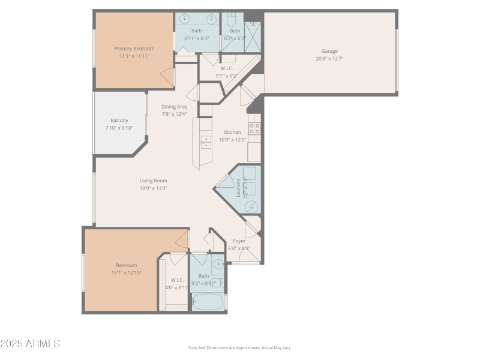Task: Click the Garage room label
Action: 329,51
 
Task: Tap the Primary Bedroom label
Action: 134,49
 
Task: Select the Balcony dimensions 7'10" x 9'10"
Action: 119,127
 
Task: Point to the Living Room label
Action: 153,181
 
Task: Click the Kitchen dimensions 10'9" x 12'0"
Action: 232,139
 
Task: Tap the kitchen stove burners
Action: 254,128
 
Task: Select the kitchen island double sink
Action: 206,142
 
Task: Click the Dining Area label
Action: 174,107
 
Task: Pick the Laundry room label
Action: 238,188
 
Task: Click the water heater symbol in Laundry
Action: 252,206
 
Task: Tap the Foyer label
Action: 239,241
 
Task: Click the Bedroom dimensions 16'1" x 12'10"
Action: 126,272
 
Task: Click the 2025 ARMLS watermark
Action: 30,344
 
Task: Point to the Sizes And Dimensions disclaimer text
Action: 239,348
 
